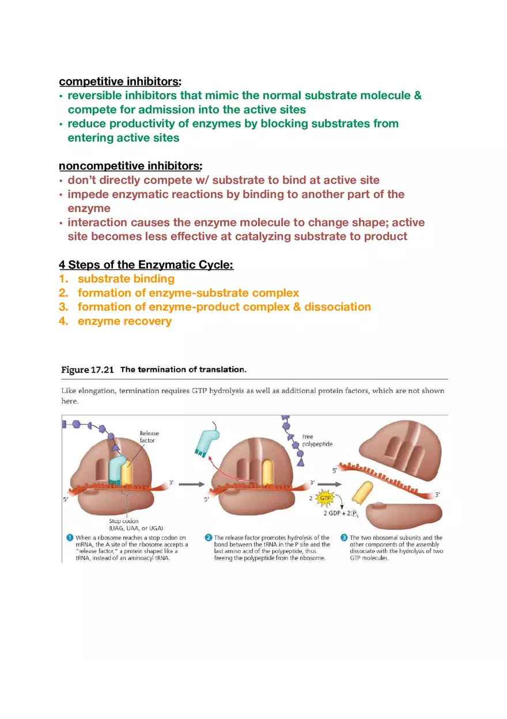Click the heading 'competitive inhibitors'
(x=119, y=81)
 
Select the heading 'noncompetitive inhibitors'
(x=129, y=166)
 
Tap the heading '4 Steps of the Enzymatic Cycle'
(x=146, y=265)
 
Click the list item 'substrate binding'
(x=126, y=279)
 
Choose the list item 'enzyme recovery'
(x=124, y=321)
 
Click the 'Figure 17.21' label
(x=88, y=370)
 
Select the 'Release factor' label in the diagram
(x=149, y=436)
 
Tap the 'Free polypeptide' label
(x=317, y=441)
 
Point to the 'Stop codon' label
(x=123, y=521)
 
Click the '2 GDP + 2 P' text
(x=342, y=514)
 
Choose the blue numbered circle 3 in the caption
(x=343, y=538)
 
